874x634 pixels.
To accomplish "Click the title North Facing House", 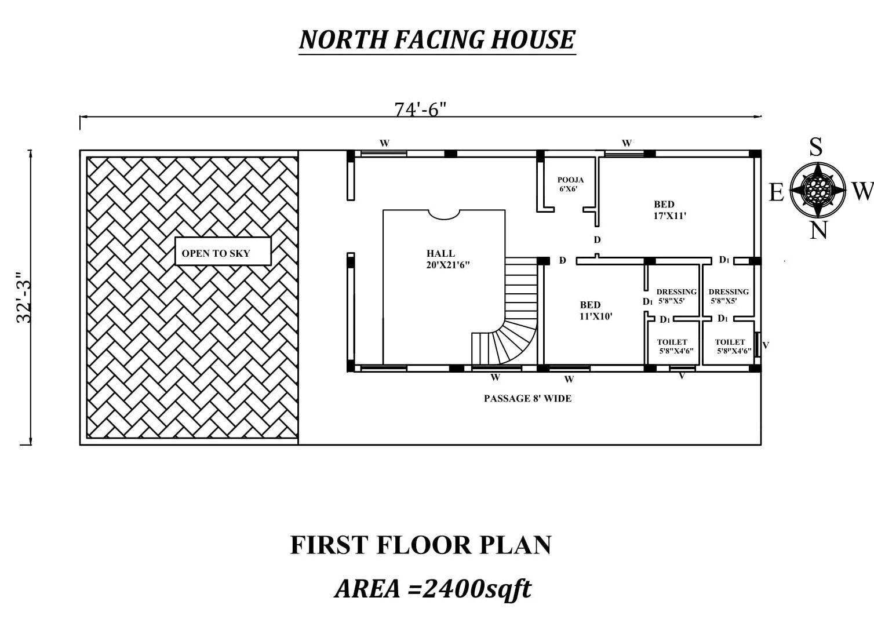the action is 437,40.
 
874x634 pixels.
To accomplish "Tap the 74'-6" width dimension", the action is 420,110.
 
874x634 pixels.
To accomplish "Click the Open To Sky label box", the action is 223,252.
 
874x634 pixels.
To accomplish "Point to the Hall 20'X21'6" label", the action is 448,259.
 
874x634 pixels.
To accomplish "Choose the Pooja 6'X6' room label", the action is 570,184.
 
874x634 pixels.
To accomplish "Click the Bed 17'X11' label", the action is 669,210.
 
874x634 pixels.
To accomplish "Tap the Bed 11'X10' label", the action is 596,311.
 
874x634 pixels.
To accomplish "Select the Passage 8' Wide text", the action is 527,398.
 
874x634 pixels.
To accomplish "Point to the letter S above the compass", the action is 816,147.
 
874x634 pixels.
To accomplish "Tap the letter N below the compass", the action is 818,230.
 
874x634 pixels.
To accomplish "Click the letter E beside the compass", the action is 777,192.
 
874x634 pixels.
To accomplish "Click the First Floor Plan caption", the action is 421,545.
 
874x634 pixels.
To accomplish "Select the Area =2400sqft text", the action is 433,589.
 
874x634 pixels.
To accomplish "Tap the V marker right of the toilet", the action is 765,345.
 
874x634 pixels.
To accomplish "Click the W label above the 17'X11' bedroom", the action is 627,143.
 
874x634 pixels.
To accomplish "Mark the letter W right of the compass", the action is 862,192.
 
